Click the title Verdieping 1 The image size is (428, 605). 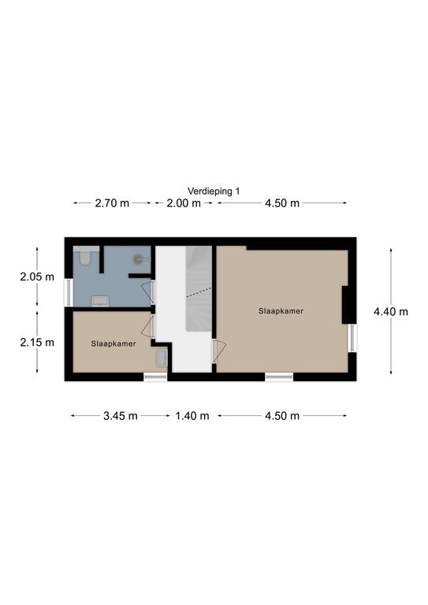(214, 191)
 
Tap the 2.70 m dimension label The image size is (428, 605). (112, 203)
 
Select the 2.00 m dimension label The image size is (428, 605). (184, 203)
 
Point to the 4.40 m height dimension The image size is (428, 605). (391, 311)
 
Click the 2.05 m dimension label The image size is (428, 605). (37, 277)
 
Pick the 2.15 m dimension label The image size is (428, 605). (37, 342)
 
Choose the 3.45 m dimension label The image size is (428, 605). (121, 416)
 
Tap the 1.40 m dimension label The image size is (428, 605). (192, 416)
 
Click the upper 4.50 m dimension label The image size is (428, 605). (282, 203)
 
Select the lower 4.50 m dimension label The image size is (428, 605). (282, 416)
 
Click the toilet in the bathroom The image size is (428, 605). (84, 256)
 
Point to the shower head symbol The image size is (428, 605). (138, 259)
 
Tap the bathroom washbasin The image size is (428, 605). (100, 301)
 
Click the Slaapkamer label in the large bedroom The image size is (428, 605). (281, 311)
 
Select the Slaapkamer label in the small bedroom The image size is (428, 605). (114, 343)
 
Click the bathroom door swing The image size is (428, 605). (147, 292)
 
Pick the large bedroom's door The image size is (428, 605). (220, 351)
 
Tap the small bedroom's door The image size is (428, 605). (147, 326)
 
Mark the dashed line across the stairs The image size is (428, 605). (199, 292)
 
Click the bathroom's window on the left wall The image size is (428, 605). (69, 293)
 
